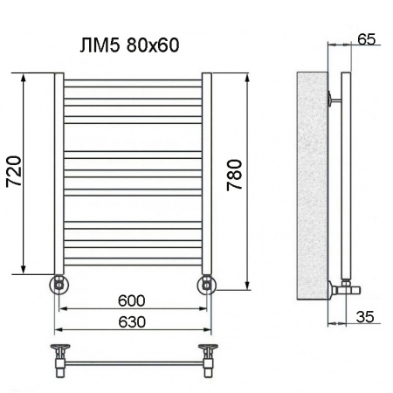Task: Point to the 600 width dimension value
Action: click(133, 300)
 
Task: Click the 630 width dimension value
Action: click(133, 321)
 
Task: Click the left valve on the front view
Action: click(59, 284)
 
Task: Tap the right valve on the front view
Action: click(207, 284)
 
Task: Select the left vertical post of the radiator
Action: click(59, 175)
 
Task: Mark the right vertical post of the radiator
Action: click(208, 175)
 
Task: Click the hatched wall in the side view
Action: click(310, 183)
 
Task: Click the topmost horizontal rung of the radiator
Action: click(133, 82)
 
